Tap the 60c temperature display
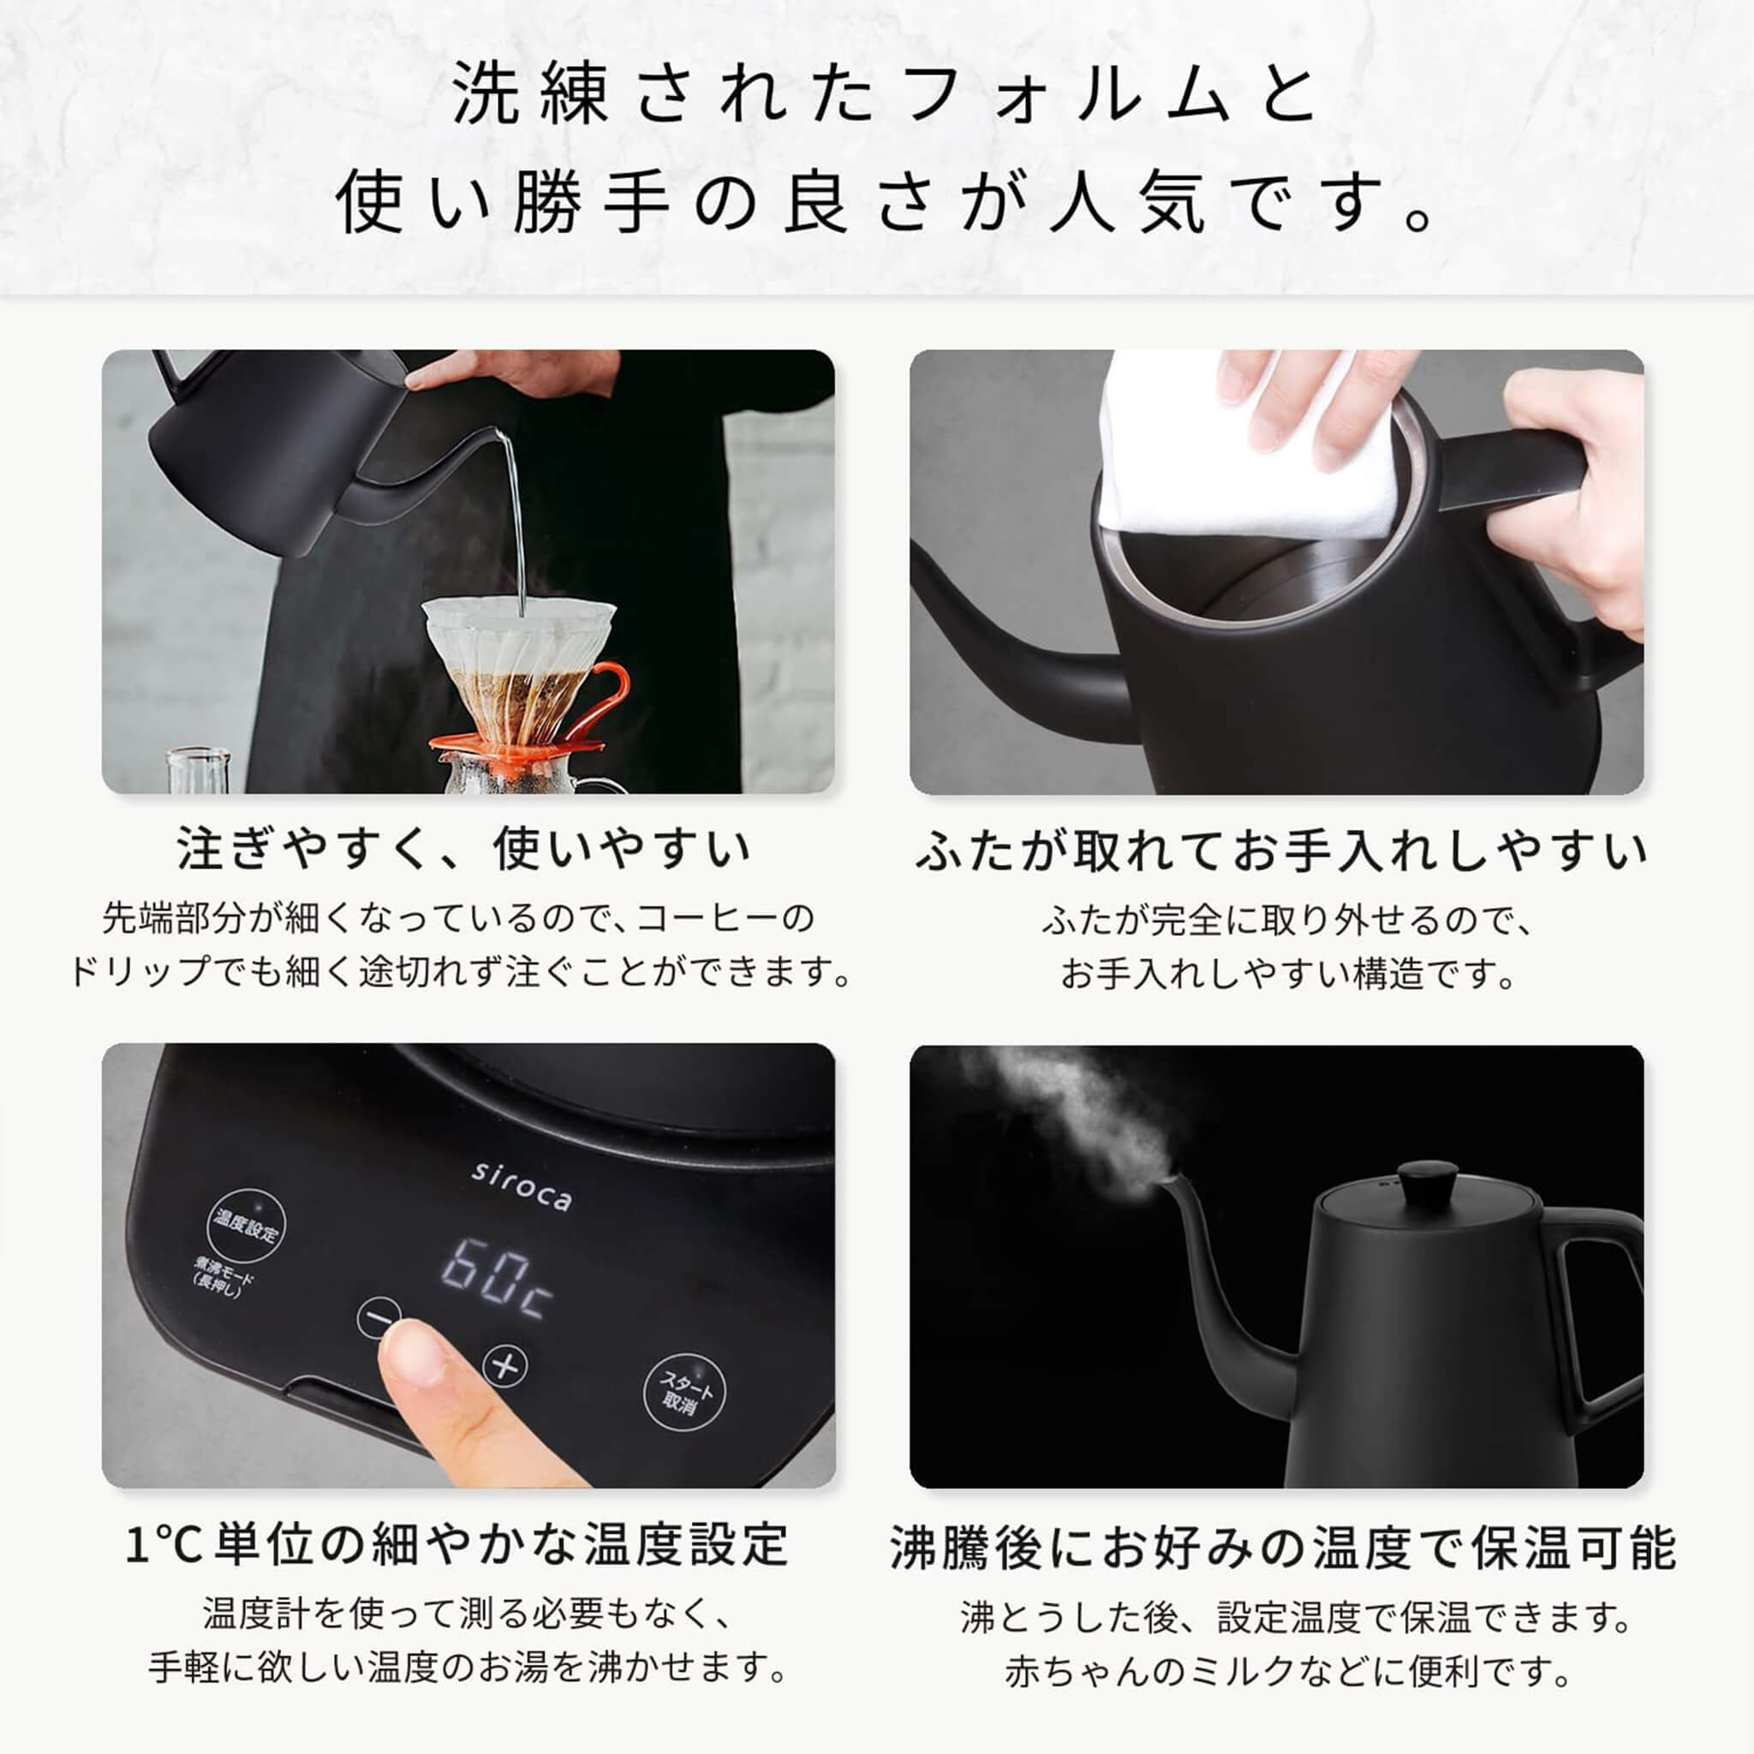click(x=496, y=1280)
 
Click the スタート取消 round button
click(x=685, y=1393)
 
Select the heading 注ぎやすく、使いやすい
click(x=463, y=849)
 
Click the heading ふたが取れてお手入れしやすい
click(x=1280, y=850)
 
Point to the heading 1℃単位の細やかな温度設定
click(x=456, y=1543)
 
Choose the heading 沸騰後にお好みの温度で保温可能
click(x=1282, y=1547)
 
